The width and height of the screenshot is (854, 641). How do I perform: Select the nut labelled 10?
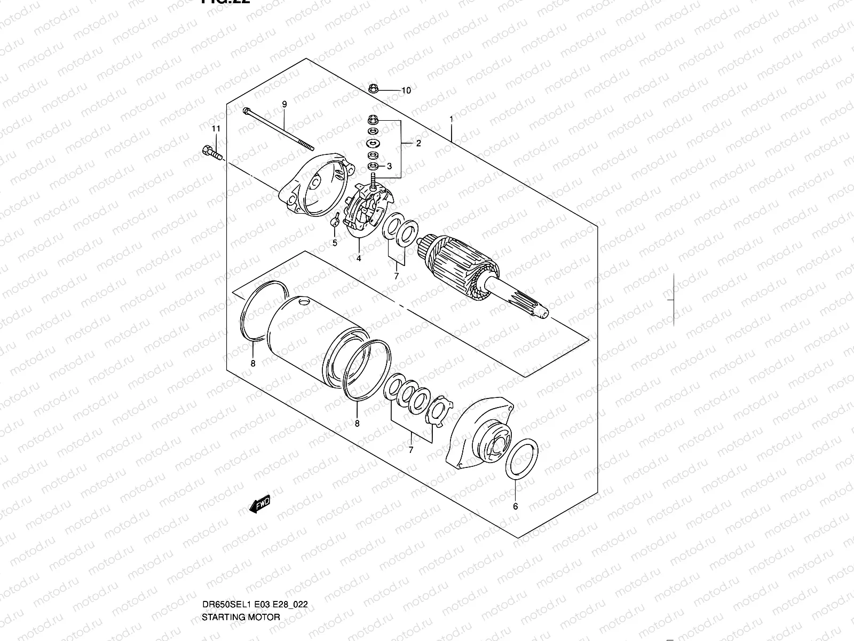point(374,88)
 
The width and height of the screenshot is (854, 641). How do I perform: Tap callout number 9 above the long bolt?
point(284,104)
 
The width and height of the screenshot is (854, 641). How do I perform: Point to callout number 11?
point(216,129)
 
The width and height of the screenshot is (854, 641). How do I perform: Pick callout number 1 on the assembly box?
point(451,119)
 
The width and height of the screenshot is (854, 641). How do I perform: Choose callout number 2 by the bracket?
point(418,143)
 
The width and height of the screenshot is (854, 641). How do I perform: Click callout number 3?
point(390,166)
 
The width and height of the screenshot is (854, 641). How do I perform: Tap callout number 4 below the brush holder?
point(359,259)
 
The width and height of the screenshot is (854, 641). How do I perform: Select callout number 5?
point(335,243)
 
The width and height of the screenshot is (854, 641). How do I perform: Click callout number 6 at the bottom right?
point(515,506)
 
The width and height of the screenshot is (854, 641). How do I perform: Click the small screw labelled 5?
point(335,221)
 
